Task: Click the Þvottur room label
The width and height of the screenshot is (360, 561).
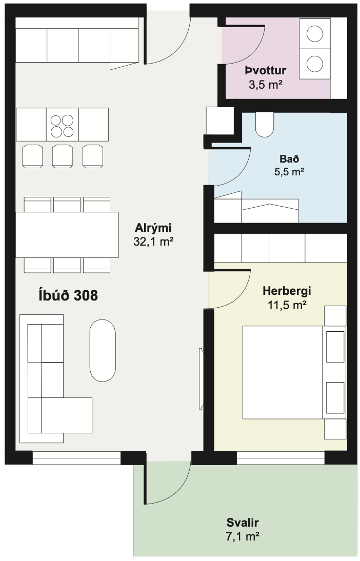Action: click(265, 71)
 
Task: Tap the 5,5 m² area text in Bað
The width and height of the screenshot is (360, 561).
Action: click(289, 172)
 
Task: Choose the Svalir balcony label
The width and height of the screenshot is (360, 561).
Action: click(243, 523)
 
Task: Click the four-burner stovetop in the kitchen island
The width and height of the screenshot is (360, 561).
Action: click(62, 125)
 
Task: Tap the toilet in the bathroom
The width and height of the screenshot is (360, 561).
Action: click(265, 125)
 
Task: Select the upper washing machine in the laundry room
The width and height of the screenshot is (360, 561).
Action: click(315, 34)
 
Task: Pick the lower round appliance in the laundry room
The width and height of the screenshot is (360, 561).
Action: click(315, 64)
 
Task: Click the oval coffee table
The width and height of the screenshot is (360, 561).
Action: click(103, 350)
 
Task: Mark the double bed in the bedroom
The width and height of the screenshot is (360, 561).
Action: click(282, 372)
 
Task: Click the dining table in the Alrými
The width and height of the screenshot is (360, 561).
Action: click(67, 235)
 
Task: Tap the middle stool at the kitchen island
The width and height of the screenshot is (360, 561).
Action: click(62, 155)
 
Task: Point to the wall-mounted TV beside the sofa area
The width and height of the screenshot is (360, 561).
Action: click(201, 379)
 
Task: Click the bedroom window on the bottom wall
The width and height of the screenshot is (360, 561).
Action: click(281, 458)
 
